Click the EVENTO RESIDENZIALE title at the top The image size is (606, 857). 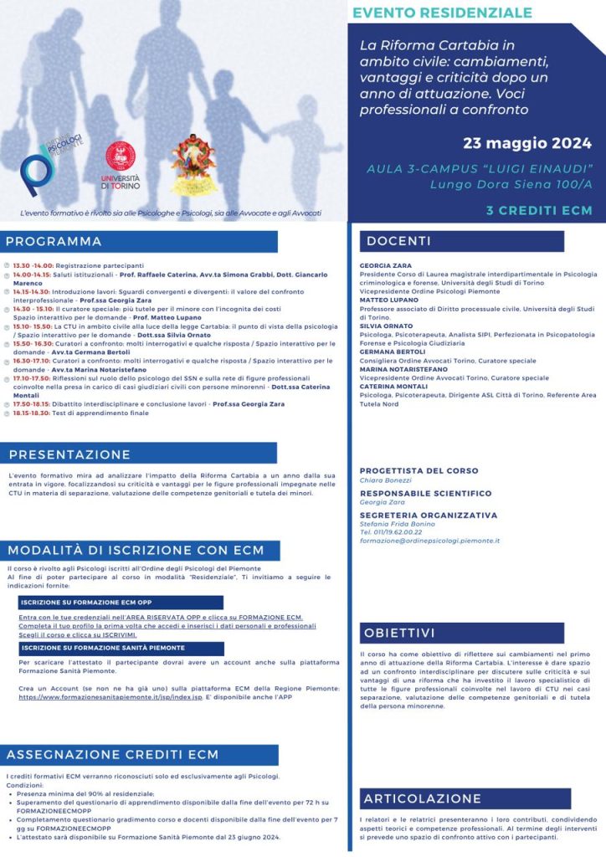click(442, 13)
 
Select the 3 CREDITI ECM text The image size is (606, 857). click(539, 210)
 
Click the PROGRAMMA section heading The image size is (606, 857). click(54, 242)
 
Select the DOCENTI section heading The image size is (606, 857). click(398, 241)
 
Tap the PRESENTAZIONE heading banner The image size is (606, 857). click(70, 454)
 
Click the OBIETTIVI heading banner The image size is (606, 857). click(399, 633)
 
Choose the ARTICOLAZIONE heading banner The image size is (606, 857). click(423, 798)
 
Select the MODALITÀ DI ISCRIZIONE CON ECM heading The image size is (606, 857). click(135, 550)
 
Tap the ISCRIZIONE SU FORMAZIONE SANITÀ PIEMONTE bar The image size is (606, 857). click(103, 648)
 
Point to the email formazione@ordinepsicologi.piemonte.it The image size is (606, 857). click(429, 541)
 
